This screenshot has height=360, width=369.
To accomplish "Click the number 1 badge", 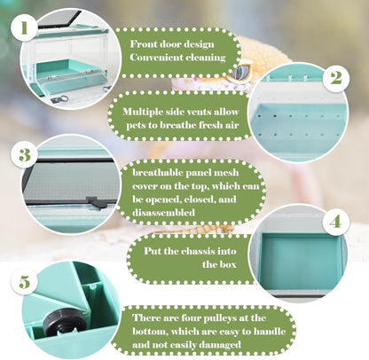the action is [x=24, y=27].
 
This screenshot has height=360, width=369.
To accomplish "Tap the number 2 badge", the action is [x=335, y=78].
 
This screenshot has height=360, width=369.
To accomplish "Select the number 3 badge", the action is [x=25, y=154].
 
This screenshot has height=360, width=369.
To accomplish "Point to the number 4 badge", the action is [x=335, y=222].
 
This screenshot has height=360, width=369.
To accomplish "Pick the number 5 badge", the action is [x=25, y=282].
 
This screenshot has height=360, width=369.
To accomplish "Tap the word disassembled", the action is [x=163, y=212].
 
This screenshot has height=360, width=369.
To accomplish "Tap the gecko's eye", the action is [x=239, y=71].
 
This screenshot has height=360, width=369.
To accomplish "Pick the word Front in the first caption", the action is [x=143, y=44].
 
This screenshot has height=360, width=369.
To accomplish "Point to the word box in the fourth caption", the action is [x=228, y=264].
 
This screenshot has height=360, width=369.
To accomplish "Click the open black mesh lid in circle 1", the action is [x=59, y=20].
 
